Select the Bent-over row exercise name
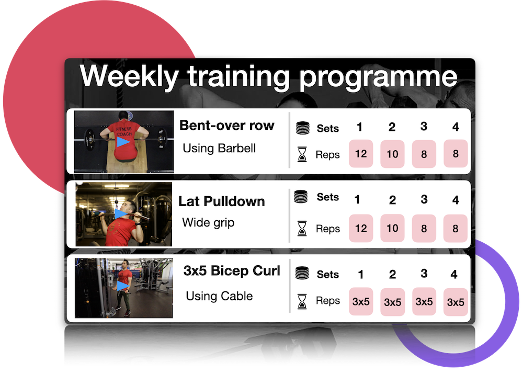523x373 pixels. (x=227, y=126)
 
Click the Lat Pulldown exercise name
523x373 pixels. (x=222, y=201)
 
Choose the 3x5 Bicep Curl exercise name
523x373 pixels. (x=232, y=270)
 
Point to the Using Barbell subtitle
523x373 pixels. (x=219, y=148)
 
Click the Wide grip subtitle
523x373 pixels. (x=208, y=222)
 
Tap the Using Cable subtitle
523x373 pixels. (x=219, y=296)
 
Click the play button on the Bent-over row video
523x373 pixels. (x=123, y=142)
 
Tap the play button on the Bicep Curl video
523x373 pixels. (x=123, y=286)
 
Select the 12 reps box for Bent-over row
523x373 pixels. (x=361, y=154)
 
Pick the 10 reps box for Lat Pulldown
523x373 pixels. (x=393, y=228)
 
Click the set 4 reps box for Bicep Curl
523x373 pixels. (x=456, y=302)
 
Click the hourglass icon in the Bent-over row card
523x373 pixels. (x=302, y=154)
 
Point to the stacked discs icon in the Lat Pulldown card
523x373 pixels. (x=301, y=197)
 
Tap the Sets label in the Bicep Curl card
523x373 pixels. (x=328, y=274)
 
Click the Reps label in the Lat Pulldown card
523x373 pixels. (x=328, y=229)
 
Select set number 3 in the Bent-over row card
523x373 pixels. (x=424, y=127)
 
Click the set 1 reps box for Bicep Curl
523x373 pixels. (x=361, y=302)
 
